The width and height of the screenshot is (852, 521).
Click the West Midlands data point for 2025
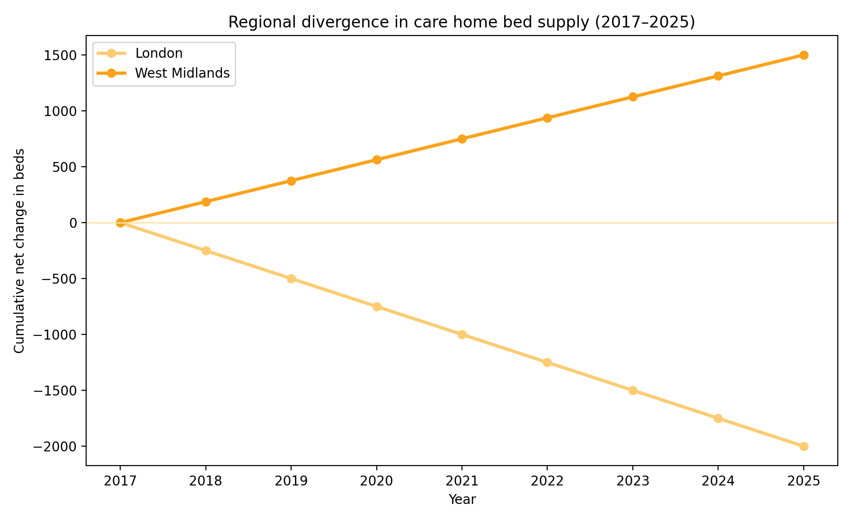pyautogui.click(x=803, y=55)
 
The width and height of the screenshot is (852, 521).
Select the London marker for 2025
pyautogui.click(x=803, y=446)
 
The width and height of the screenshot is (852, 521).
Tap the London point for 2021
pyautogui.click(x=462, y=334)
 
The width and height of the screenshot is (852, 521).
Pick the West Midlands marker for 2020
pyautogui.click(x=377, y=160)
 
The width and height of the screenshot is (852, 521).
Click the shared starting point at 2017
pyautogui.click(x=120, y=223)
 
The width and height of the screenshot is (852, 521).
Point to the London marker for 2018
pyautogui.click(x=206, y=251)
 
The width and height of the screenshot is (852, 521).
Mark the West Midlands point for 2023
pyautogui.click(x=633, y=97)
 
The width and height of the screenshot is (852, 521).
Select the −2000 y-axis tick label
pyautogui.click(x=54, y=446)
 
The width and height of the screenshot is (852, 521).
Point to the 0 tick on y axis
pyautogui.click(x=73, y=223)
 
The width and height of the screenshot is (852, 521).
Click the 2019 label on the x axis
pyautogui.click(x=291, y=481)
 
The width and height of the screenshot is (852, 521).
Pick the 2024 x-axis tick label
pyautogui.click(x=718, y=481)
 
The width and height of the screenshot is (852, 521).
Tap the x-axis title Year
pyautogui.click(x=462, y=499)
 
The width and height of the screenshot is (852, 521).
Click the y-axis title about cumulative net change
pyautogui.click(x=19, y=251)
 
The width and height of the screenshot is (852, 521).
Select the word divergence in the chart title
pyautogui.click(x=318, y=22)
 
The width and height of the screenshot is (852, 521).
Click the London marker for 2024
pyautogui.click(x=718, y=418)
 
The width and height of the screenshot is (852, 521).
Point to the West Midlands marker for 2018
pyautogui.click(x=206, y=202)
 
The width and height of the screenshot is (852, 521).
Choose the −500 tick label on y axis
pyautogui.click(x=57, y=278)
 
